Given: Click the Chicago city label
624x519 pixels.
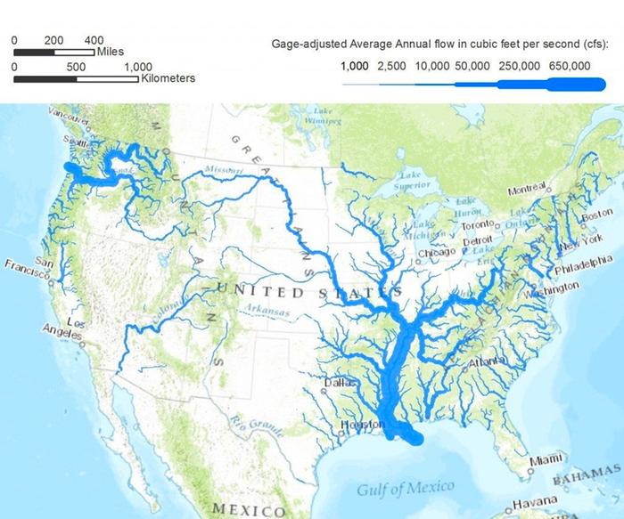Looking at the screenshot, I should (438, 253).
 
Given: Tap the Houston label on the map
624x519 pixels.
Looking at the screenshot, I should (362, 426).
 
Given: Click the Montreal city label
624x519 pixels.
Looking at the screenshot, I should (526, 191).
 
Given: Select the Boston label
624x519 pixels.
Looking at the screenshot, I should (596, 215).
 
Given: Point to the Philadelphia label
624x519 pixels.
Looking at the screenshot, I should (584, 266).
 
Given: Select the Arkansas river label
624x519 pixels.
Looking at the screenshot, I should (267, 312).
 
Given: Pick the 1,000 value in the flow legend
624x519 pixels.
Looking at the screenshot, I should (355, 66).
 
